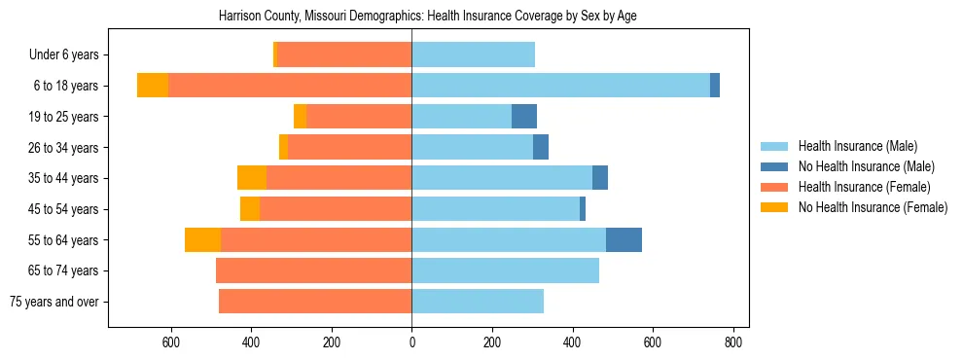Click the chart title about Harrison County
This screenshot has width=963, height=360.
point(428,17)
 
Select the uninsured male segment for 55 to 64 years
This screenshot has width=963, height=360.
point(624,239)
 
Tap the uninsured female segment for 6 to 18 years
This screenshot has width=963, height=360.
point(153,86)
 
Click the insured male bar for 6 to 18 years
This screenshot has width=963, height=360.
point(561,86)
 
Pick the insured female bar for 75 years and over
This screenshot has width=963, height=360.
point(315,302)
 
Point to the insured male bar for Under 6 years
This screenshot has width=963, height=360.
point(474,54)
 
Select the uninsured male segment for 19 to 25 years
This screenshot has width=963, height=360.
point(524,117)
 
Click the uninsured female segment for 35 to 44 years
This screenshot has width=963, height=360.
point(252,178)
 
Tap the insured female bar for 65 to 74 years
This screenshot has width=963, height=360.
point(314,270)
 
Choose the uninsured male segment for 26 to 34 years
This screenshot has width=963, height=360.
point(541,147)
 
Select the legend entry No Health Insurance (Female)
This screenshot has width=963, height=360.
point(873,207)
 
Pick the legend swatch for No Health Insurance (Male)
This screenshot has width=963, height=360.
point(775,166)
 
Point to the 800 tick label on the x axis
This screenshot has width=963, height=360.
point(733,342)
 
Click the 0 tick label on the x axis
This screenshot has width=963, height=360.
point(411,342)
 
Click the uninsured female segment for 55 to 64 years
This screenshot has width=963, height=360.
point(203,239)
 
